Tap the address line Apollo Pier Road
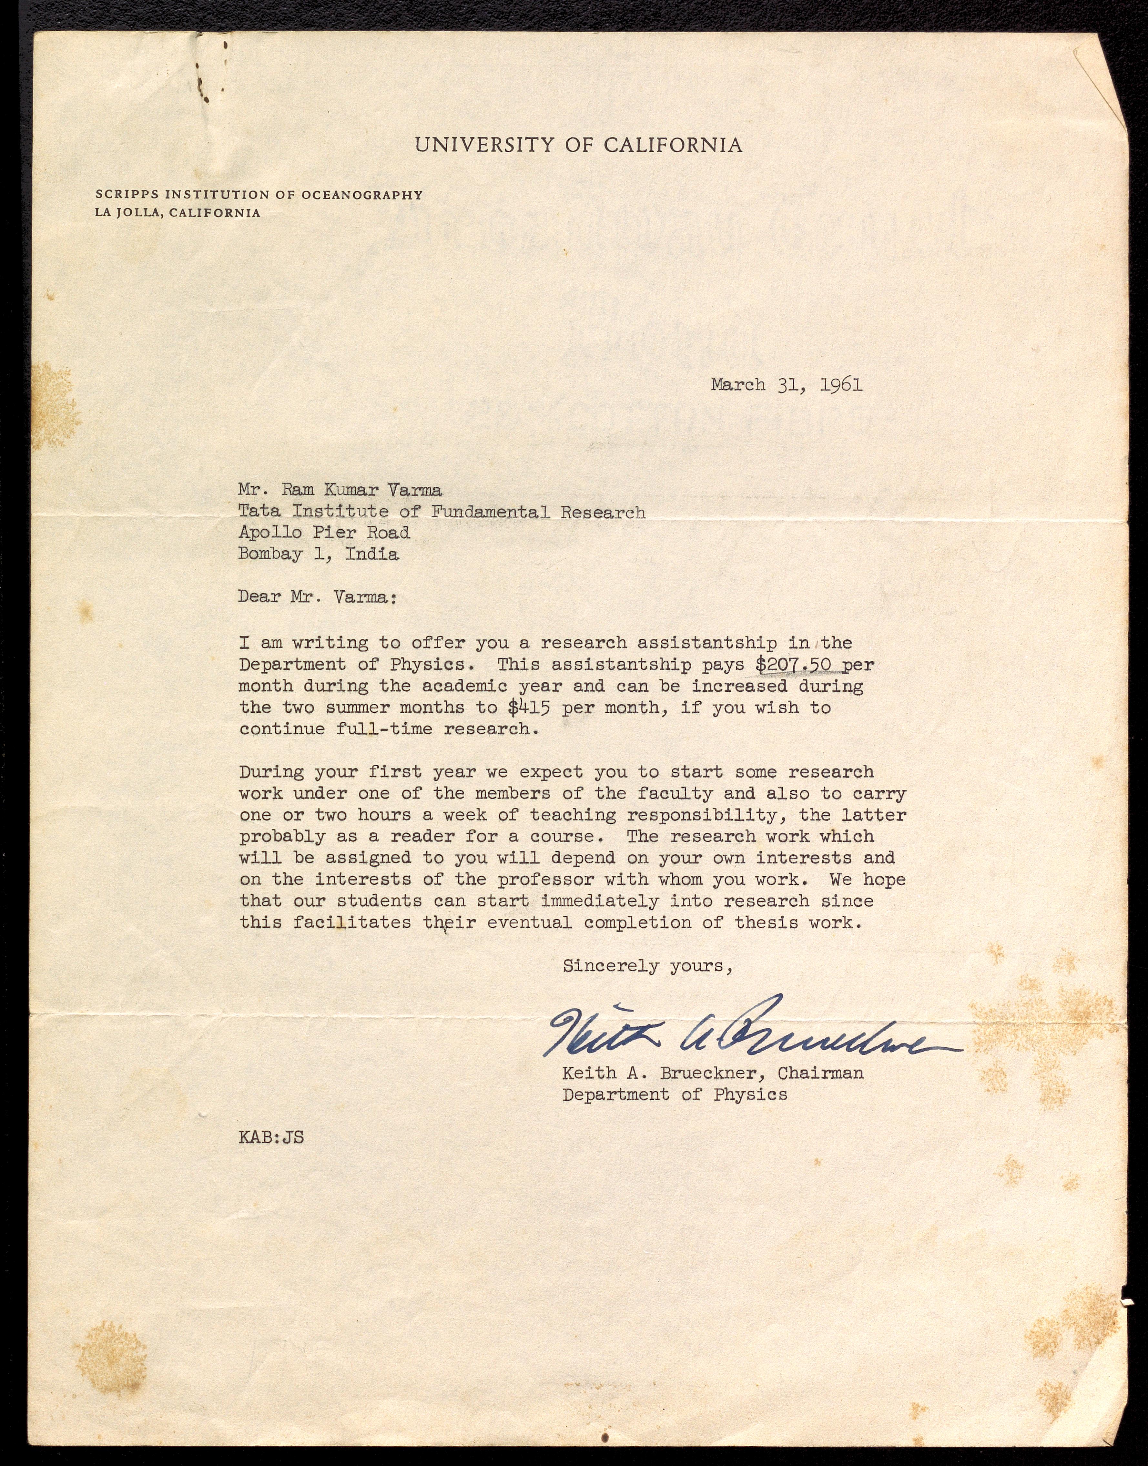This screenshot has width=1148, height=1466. [324, 533]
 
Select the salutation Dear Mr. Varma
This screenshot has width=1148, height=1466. [317, 597]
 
